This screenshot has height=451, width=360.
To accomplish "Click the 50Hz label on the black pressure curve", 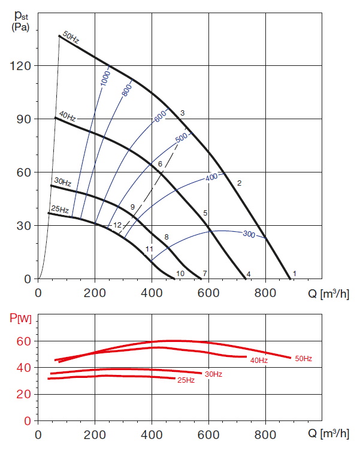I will tap(70, 38).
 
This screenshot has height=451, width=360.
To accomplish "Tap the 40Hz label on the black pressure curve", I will tap(66, 116).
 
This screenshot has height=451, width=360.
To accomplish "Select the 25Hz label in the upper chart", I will tap(59, 210).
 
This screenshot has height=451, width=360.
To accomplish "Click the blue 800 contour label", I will tap(126, 90).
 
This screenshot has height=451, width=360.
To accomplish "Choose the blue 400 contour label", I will tap(211, 178).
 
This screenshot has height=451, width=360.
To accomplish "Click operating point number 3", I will tap(182, 113).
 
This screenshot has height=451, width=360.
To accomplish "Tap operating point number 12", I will tap(117, 225).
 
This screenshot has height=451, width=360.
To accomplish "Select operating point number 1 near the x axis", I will tap(294, 274).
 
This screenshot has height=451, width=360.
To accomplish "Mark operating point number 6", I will tap(161, 164).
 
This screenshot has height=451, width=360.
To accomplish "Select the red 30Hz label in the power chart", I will tap(213, 374).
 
